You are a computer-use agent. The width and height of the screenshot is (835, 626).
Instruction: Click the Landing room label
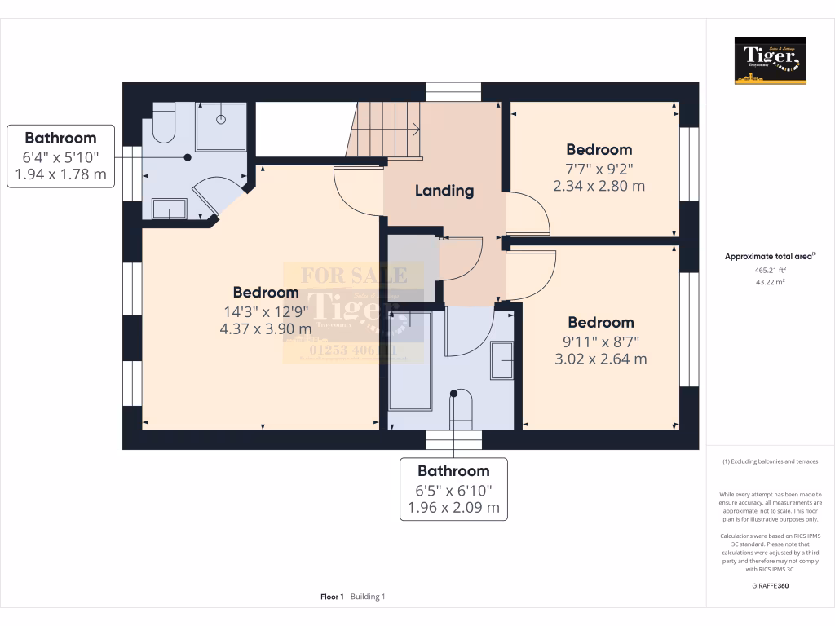tap(444, 191)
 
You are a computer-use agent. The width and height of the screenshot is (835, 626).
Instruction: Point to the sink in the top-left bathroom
tap(170, 210)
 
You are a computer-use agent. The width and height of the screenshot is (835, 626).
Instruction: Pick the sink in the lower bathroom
tap(501, 360)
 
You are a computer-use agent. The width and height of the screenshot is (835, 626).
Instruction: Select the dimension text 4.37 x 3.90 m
tap(265, 329)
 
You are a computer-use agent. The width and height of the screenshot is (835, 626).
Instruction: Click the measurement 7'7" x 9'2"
tap(599, 169)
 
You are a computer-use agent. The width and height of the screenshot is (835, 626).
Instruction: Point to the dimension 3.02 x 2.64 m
tap(600, 359)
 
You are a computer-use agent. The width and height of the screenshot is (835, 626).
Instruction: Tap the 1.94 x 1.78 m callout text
tap(60, 174)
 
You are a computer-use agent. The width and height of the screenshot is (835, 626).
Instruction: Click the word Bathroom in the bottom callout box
tap(453, 471)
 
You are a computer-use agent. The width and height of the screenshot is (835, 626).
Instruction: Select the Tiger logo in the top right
tap(770, 60)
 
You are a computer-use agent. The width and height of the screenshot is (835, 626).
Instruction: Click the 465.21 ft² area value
tap(770, 270)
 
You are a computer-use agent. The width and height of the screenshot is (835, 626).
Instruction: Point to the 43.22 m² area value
tap(770, 282)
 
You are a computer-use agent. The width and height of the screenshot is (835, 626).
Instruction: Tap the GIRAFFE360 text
tap(770, 585)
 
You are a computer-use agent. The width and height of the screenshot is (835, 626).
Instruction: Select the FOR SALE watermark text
tap(354, 276)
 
